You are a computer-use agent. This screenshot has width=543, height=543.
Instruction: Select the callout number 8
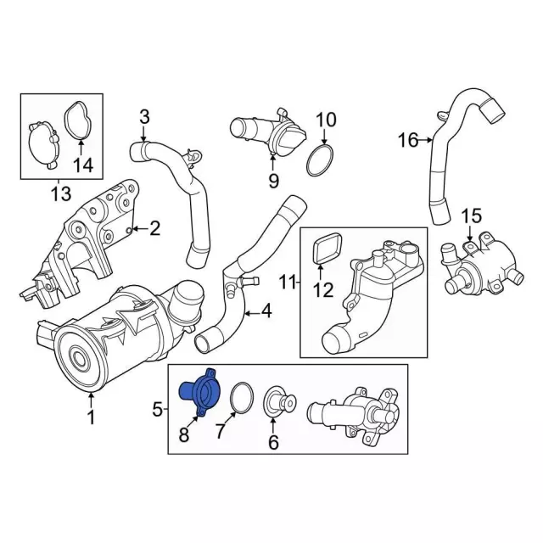click(x=184, y=434)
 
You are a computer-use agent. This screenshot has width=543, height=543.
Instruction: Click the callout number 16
click(x=408, y=140)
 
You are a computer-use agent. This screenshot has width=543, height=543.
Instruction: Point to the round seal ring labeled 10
click(x=320, y=161)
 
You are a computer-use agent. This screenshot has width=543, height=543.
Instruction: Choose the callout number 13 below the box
click(x=61, y=193)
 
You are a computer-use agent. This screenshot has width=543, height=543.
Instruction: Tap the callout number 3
click(x=144, y=117)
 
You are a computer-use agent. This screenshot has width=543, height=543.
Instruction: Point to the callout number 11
click(x=288, y=283)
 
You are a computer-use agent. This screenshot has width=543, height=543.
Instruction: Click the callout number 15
click(x=473, y=216)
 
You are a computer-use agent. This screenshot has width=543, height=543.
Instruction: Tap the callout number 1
click(x=91, y=417)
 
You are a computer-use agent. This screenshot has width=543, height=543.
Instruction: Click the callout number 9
click(x=273, y=180)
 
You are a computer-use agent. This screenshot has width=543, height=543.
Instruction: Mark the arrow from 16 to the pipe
click(x=426, y=140)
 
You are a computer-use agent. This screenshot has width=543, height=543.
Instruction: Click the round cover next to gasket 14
click(x=42, y=145)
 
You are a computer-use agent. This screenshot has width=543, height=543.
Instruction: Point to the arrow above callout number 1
click(x=91, y=400)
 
